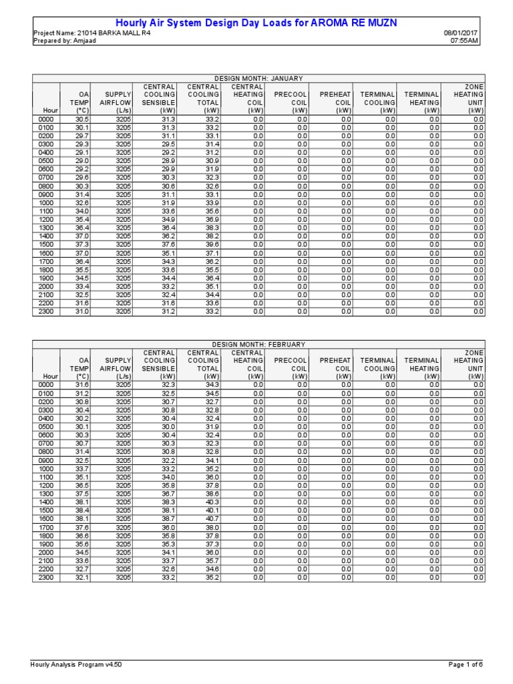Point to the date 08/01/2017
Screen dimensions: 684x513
click(462, 33)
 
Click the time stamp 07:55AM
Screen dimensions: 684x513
click(465, 40)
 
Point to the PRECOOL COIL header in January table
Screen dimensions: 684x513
click(290, 103)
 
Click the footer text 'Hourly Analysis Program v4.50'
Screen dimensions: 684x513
click(77, 665)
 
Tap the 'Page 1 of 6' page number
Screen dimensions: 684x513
click(465, 665)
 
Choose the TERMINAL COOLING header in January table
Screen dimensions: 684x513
click(378, 103)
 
